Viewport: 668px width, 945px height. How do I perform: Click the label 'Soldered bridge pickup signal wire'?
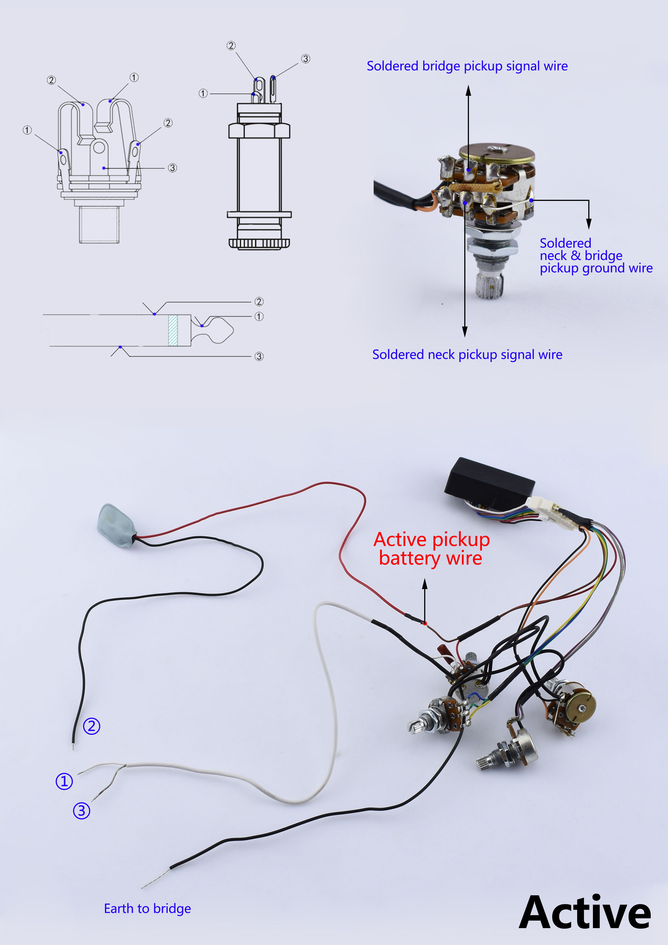click(x=467, y=66)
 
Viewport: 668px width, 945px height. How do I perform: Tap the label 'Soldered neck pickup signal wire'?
click(x=467, y=354)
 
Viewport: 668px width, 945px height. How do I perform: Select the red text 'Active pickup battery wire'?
click(x=431, y=549)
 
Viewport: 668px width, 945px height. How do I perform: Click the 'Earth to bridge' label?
click(x=147, y=908)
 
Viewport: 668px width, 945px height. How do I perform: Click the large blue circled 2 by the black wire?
click(x=91, y=726)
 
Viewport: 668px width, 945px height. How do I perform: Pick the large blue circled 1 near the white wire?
click(x=64, y=781)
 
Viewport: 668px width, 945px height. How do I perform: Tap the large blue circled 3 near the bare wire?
click(x=81, y=810)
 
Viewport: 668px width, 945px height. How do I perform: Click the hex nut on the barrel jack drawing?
click(x=259, y=131)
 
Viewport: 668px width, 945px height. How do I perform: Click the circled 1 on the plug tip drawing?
click(x=259, y=316)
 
